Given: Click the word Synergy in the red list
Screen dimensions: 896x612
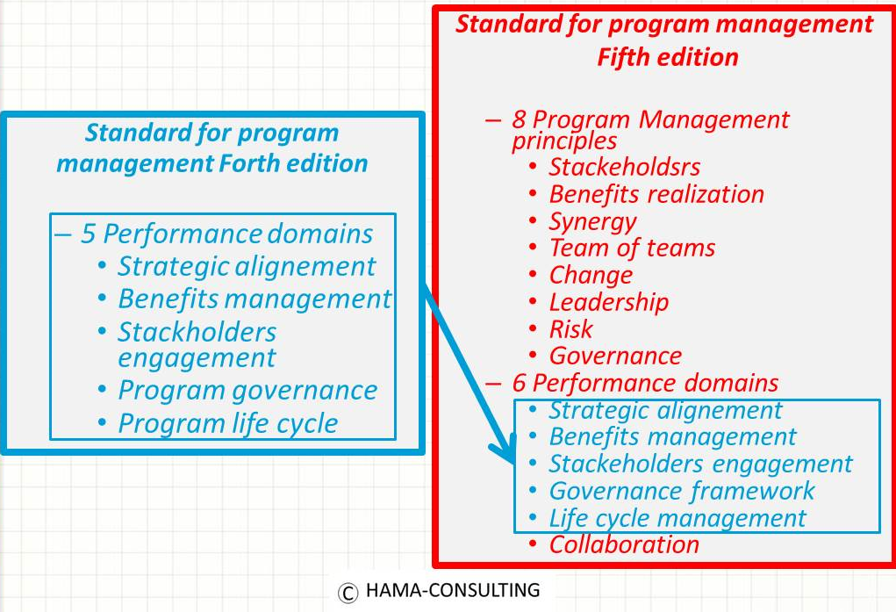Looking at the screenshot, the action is tap(592, 221).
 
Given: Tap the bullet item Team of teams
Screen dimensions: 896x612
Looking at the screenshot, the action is tap(632, 248).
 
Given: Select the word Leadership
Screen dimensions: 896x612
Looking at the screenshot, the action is tap(608, 302).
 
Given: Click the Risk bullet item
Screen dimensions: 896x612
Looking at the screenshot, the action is tap(570, 329).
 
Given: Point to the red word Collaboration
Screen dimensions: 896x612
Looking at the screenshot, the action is tap(624, 544).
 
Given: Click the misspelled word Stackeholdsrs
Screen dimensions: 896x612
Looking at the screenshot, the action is tap(625, 167).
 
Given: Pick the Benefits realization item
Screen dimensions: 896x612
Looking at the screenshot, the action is tap(656, 194).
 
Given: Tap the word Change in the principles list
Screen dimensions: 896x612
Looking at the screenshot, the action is tap(591, 276).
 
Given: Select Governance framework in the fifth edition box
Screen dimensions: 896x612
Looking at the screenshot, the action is tap(682, 491).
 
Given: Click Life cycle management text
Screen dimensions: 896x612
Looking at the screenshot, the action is tap(677, 518).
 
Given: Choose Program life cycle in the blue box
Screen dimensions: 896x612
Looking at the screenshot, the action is tap(227, 424).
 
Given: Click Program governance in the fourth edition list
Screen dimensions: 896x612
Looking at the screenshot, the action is tap(247, 391).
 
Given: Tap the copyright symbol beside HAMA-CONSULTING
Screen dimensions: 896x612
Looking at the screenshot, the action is tap(348, 593).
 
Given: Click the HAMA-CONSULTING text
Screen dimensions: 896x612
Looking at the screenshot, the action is tap(453, 590).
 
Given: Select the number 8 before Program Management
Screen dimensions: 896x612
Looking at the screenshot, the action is tap(519, 119).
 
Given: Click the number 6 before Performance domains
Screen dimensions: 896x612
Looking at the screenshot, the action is tap(519, 383).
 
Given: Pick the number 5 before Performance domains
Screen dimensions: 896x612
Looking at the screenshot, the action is tap(88, 234).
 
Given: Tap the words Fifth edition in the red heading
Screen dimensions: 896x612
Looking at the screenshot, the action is tap(668, 57).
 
